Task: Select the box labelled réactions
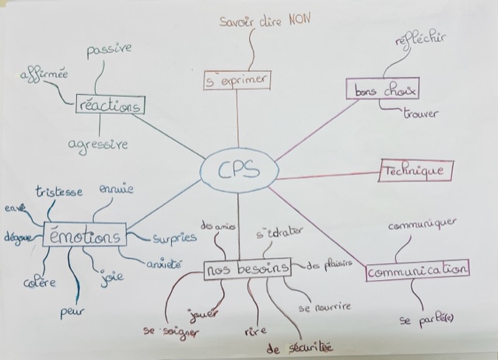pyautogui.click(x=111, y=104)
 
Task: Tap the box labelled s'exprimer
pyautogui.click(x=237, y=79)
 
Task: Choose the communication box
pyautogui.click(x=418, y=270)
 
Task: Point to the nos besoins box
pyautogui.click(x=247, y=268)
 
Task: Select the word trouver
pyautogui.click(x=420, y=114)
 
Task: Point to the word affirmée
pyautogui.click(x=44, y=79)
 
